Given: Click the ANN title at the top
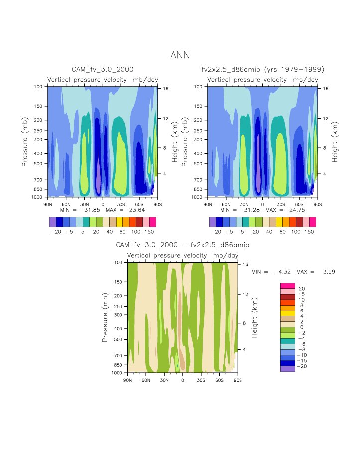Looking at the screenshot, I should point(180,55).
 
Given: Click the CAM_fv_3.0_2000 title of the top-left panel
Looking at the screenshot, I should point(103,70).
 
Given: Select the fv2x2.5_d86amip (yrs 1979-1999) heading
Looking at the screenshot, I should point(262,70).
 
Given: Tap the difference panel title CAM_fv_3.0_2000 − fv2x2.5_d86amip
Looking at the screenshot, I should point(182,245).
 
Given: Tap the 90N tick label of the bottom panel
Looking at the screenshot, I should point(127,380).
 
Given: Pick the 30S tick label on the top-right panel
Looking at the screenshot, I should point(281,204).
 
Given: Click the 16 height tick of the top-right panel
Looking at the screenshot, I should point(325,88).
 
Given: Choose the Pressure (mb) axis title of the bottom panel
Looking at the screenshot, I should point(105,317).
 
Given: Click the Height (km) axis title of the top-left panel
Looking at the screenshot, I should point(175,142).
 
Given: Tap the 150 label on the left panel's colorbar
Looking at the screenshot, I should point(149,232).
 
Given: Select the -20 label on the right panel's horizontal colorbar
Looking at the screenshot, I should point(216,232).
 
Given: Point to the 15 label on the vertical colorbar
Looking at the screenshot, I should point(302,294).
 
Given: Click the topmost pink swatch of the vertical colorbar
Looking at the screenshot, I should point(288,285).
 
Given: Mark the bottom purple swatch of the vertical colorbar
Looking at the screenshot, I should point(288,369).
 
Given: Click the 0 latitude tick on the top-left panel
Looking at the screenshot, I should point(103,204).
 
